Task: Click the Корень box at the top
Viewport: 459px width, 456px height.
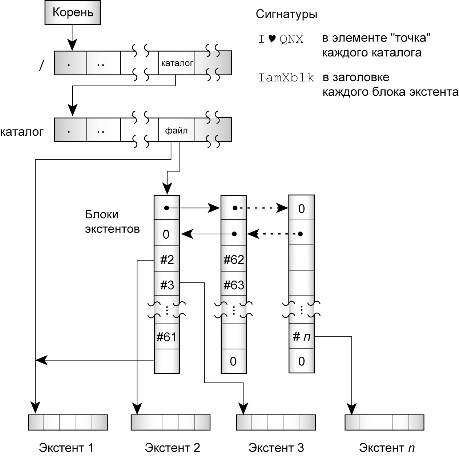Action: coord(72,13)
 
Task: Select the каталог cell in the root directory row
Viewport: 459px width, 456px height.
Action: coord(176,63)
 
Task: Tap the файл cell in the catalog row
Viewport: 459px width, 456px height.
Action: coord(176,130)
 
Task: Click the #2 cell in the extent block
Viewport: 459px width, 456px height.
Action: coord(167,259)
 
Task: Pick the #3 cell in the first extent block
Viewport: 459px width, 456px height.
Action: coord(167,285)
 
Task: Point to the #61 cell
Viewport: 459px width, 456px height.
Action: coord(167,337)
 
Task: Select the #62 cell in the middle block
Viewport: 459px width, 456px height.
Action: coord(234,259)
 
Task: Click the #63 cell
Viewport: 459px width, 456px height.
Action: coord(234,285)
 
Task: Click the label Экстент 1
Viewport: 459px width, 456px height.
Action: coord(66,447)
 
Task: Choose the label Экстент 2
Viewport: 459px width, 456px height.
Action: coord(172,447)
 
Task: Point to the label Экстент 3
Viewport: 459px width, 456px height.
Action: coord(276,447)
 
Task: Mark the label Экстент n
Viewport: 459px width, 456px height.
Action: coord(387,447)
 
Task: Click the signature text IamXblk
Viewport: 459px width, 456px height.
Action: coord(286,78)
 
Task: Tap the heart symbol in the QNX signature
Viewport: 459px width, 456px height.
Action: coord(272,39)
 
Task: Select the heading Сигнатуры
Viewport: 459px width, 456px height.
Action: coord(286,14)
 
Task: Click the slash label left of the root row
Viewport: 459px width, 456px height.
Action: coord(42,65)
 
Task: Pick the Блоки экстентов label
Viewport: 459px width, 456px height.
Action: coord(112,222)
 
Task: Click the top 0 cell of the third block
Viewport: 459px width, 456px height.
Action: coord(301,209)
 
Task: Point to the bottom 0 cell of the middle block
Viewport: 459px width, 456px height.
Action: coord(233,361)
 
